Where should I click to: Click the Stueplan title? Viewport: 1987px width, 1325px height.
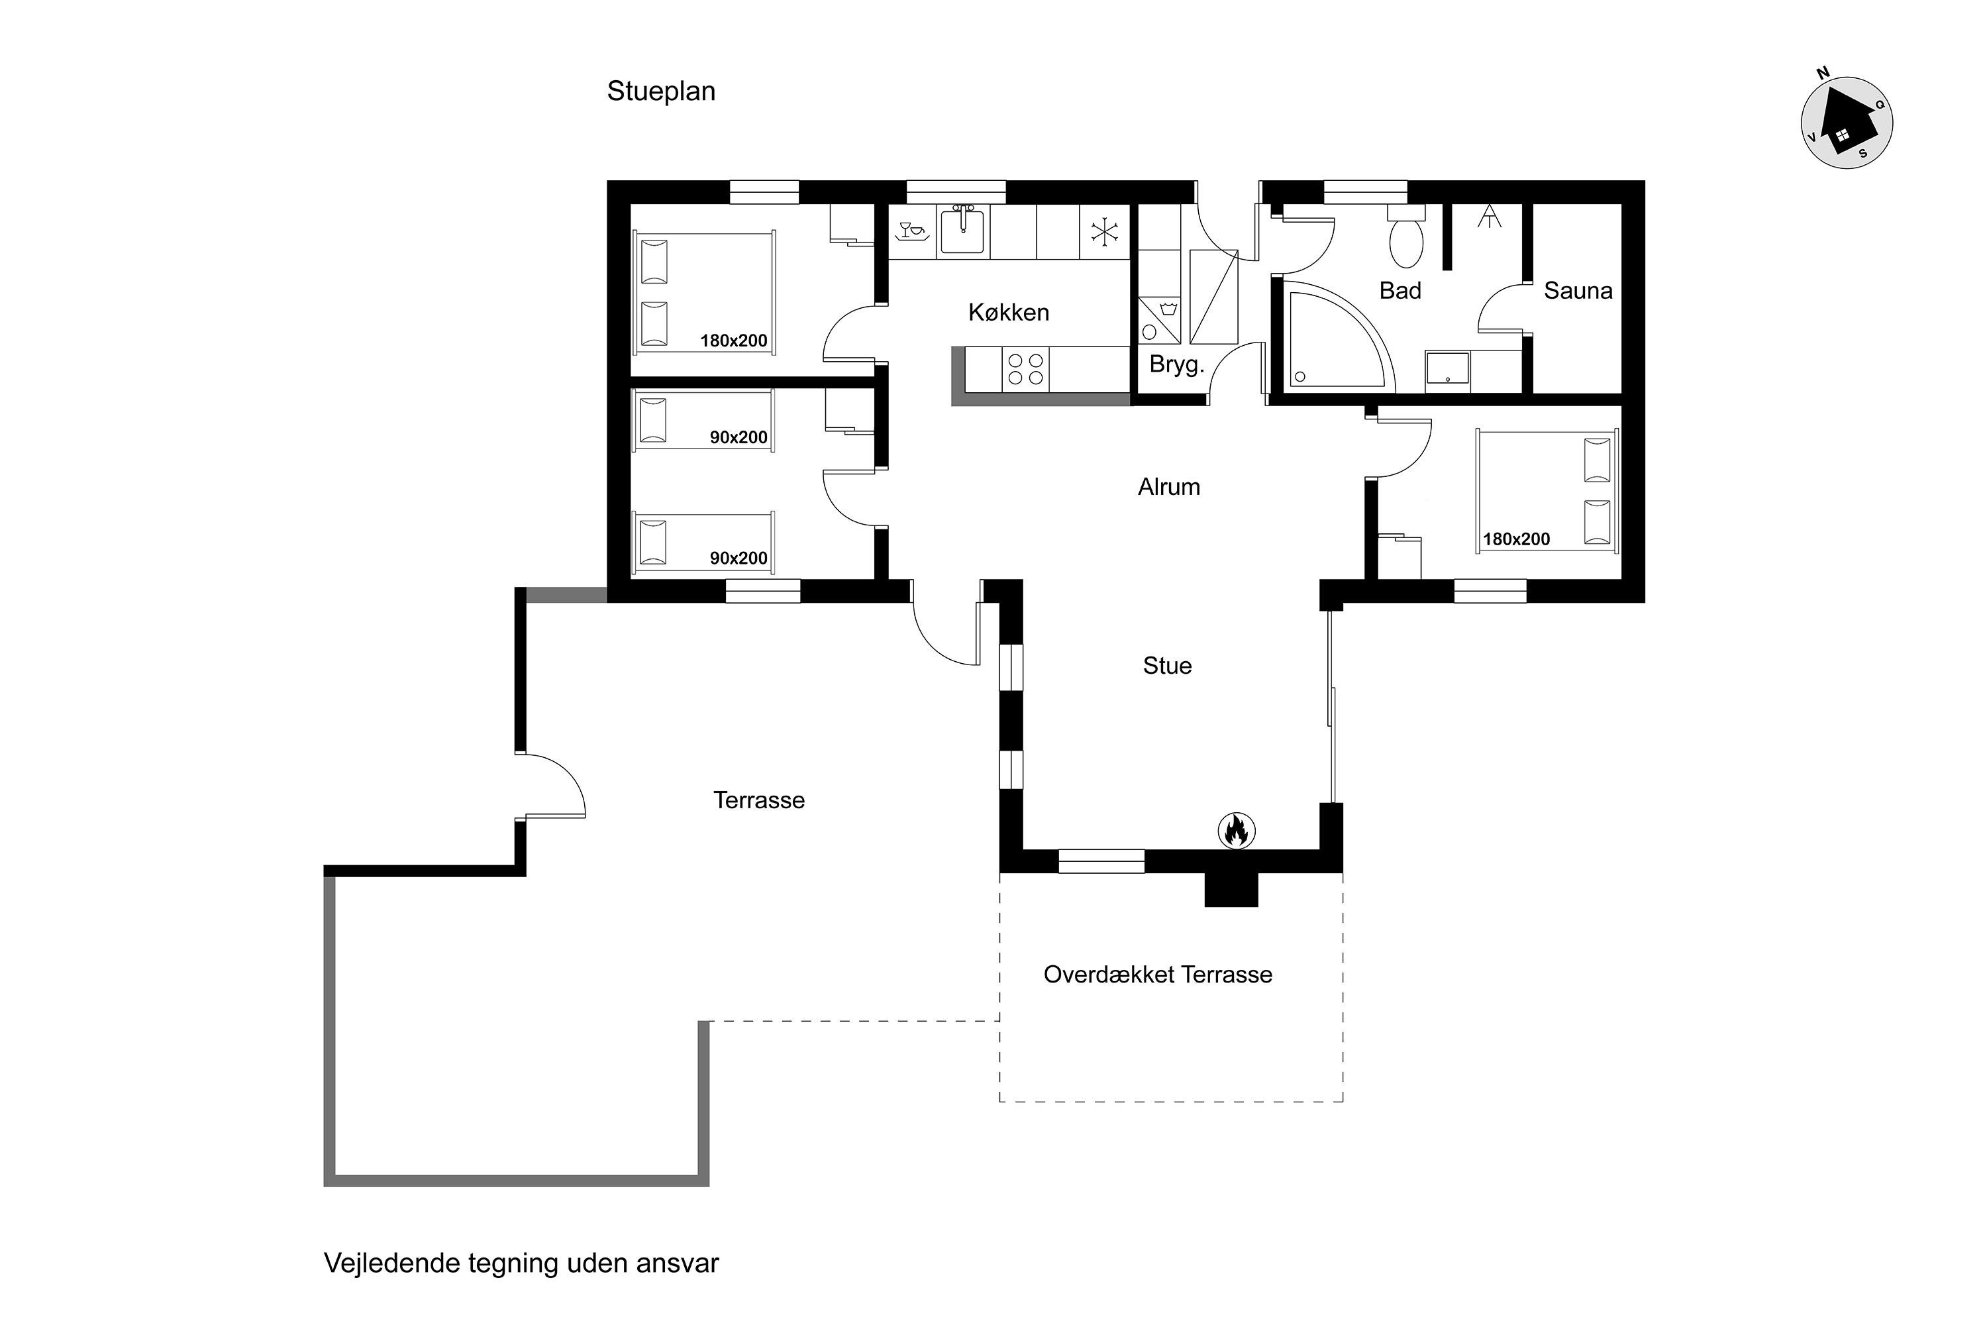click(660, 91)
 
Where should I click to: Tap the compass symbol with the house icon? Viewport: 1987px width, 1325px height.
click(1846, 123)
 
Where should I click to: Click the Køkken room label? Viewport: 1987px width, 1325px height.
click(1009, 313)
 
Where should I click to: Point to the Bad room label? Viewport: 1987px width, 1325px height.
click(1400, 291)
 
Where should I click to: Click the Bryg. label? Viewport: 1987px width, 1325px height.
click(1176, 365)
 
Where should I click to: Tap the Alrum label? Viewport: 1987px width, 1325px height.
click(1168, 487)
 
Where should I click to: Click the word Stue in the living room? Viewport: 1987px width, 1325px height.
click(1166, 666)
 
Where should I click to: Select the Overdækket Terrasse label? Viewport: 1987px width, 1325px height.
click(1157, 975)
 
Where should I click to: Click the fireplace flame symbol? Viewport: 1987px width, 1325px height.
click(1236, 831)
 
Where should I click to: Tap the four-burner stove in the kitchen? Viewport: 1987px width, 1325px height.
click(1025, 369)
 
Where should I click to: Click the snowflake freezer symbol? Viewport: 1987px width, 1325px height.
click(1104, 231)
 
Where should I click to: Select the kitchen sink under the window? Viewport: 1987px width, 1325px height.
click(962, 231)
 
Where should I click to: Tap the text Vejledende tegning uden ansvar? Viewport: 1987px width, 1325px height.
click(521, 1263)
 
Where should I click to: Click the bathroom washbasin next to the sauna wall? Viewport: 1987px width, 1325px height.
click(1448, 371)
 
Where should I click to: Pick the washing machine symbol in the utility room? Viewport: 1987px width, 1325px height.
click(1159, 320)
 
